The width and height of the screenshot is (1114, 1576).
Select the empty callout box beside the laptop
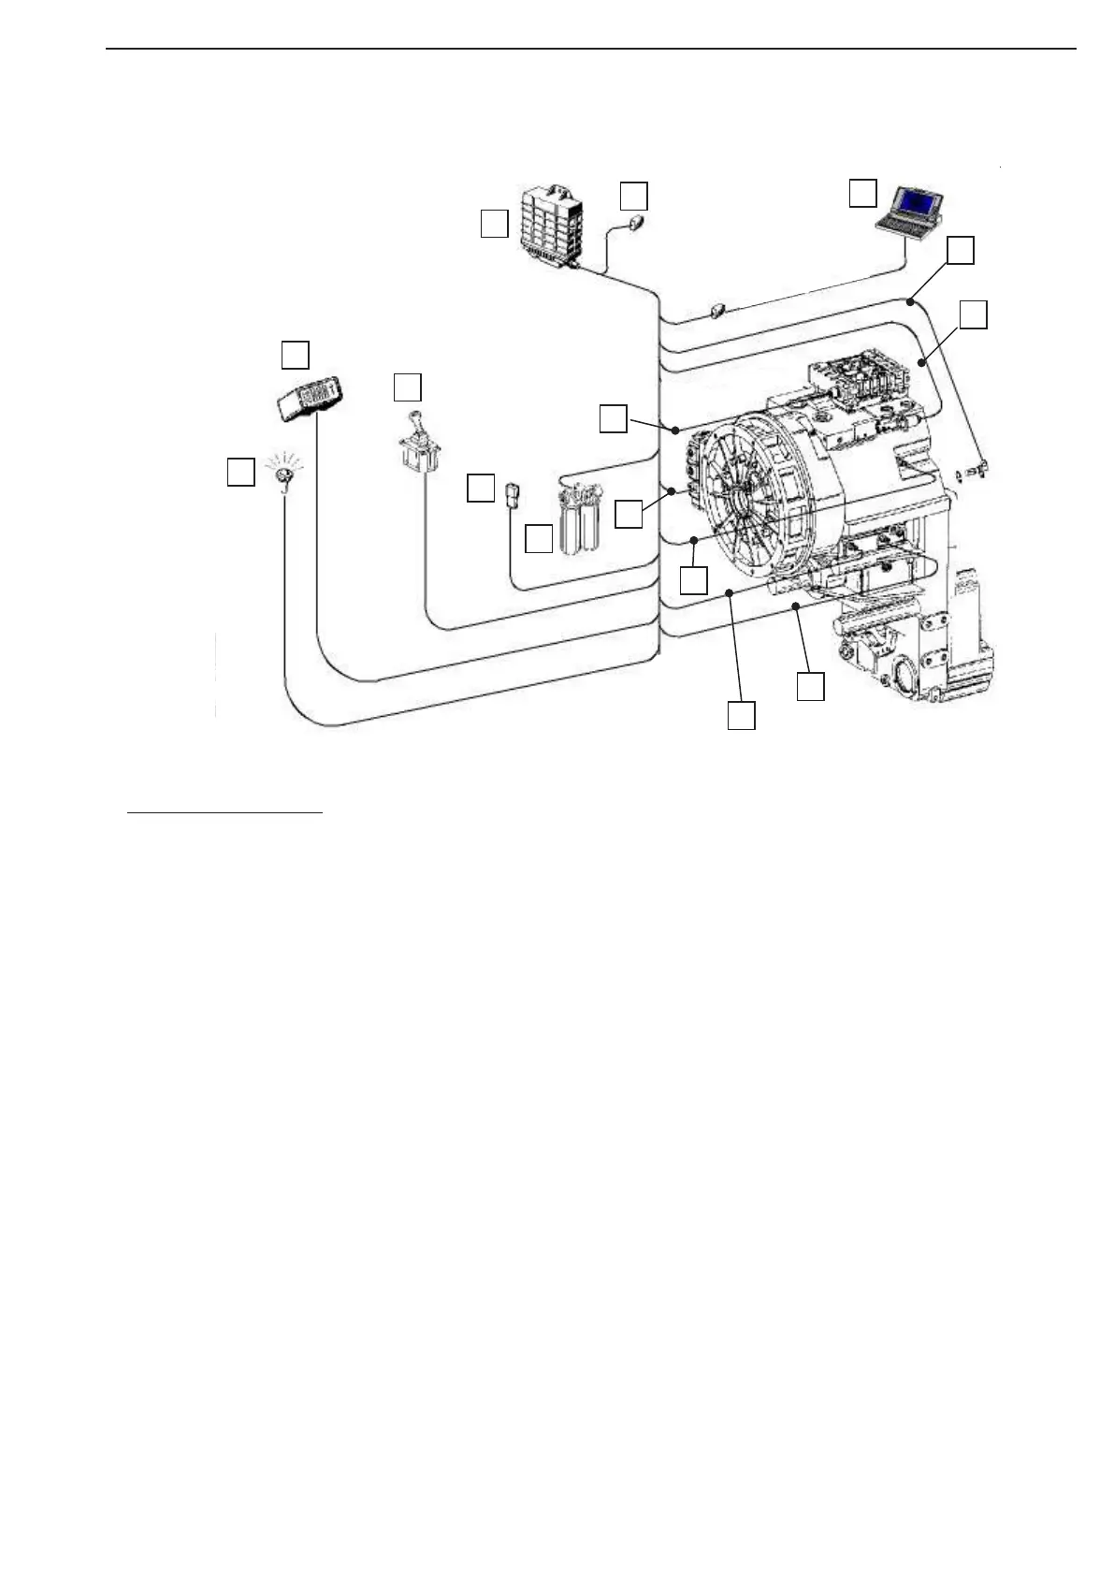pyautogui.click(x=862, y=193)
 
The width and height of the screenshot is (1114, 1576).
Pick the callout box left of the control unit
pyautogui.click(x=494, y=225)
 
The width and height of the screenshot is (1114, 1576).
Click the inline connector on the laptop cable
pyautogui.click(x=718, y=310)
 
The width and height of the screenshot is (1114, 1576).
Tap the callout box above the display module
pyautogui.click(x=296, y=355)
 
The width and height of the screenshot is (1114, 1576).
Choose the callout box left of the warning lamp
pyautogui.click(x=240, y=472)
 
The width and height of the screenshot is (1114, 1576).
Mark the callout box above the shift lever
pyautogui.click(x=407, y=387)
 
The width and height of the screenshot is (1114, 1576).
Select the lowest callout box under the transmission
pyautogui.click(x=741, y=716)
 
